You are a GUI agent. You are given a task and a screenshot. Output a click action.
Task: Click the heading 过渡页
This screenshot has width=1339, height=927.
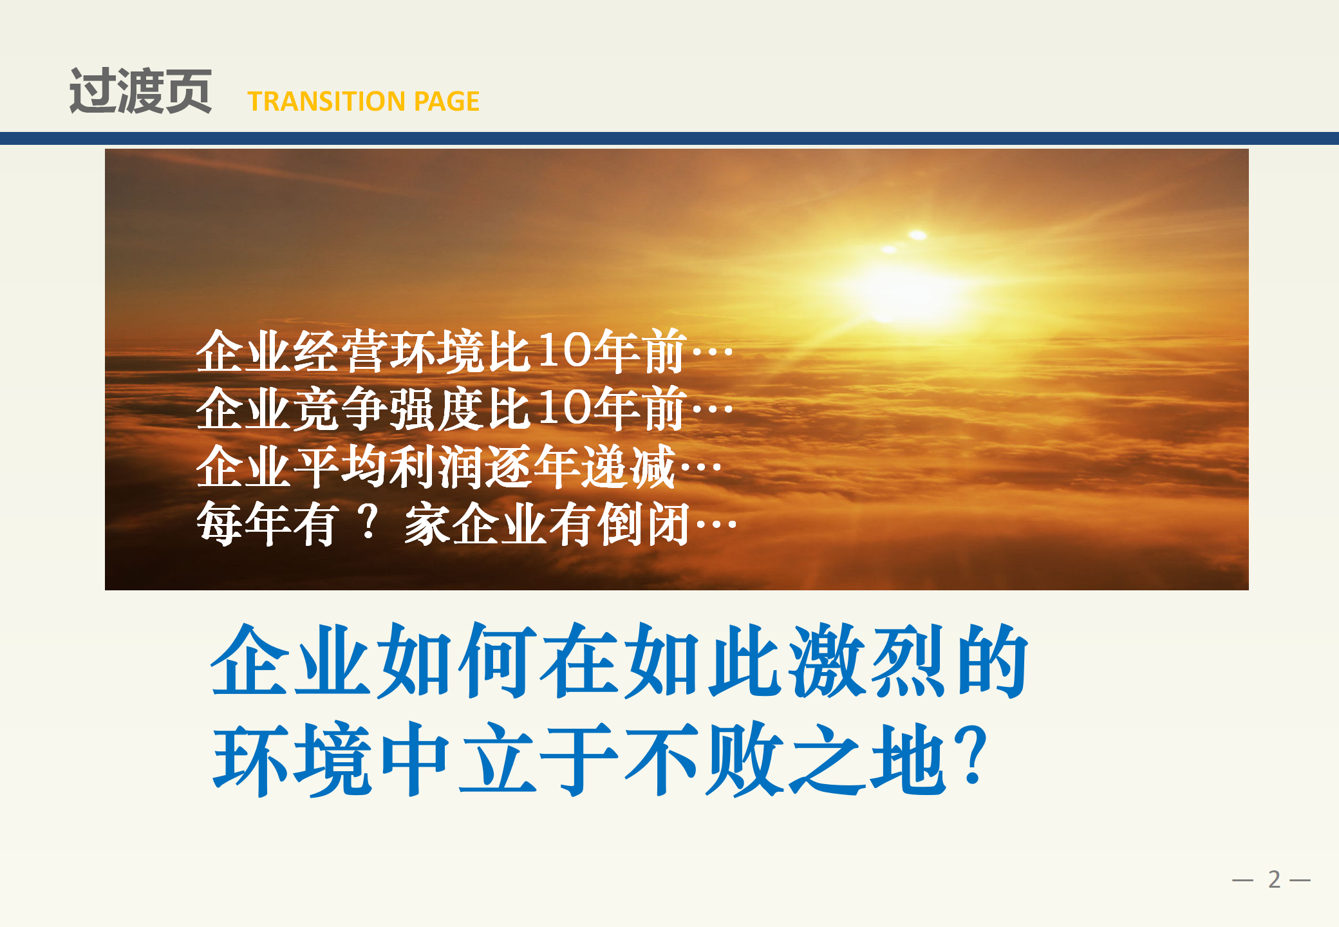coord(140,91)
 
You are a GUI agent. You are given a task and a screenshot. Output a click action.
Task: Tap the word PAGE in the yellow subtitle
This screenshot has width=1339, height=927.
coord(447,101)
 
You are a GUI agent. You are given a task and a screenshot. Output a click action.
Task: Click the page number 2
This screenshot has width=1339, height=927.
coord(1274,879)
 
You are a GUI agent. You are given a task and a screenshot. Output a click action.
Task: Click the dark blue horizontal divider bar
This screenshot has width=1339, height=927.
coord(669,138)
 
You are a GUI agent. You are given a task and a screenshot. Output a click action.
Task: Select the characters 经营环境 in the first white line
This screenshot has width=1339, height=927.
coord(389,351)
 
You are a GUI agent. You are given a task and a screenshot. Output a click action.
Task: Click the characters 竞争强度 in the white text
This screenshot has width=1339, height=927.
coord(389,409)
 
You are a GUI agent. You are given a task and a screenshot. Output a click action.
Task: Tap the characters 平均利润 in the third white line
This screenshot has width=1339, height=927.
coord(389,467)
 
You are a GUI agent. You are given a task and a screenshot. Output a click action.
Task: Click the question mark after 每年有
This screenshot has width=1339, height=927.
coord(369,522)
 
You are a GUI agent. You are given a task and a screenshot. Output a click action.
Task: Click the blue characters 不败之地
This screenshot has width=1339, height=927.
coord(785,760)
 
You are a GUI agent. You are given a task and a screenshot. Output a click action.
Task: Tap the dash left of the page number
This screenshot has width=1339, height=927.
coord(1242,880)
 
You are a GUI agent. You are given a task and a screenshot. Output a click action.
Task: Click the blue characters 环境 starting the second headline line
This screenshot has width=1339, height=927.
coord(292,760)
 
